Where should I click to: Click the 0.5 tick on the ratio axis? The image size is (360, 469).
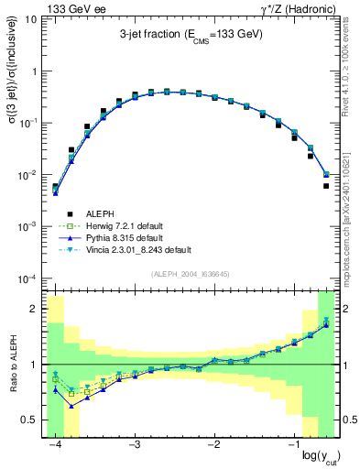[x=33, y=420]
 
